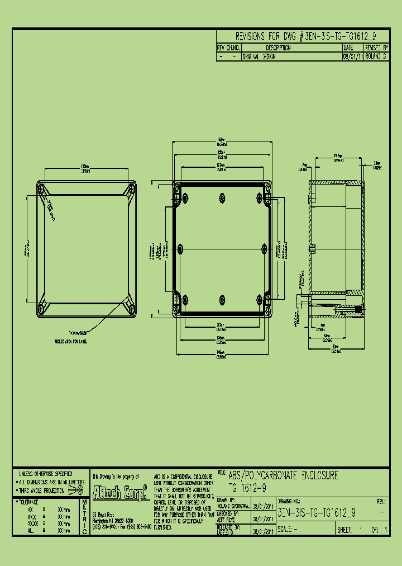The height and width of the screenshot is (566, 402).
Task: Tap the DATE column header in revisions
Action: click(348, 48)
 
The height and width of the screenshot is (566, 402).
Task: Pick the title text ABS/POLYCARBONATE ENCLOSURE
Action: click(283, 476)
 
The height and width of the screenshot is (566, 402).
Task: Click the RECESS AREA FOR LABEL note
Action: click(70, 341)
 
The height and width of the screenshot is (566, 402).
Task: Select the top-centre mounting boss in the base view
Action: click(222, 196)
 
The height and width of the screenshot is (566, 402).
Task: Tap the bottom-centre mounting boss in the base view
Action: click(222, 298)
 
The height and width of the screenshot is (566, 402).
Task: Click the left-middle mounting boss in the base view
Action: click(181, 247)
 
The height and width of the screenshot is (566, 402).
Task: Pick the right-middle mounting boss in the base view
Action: click(263, 247)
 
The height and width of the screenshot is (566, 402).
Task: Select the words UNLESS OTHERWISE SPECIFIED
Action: click(46, 474)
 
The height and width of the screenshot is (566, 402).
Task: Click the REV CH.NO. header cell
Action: click(228, 48)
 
